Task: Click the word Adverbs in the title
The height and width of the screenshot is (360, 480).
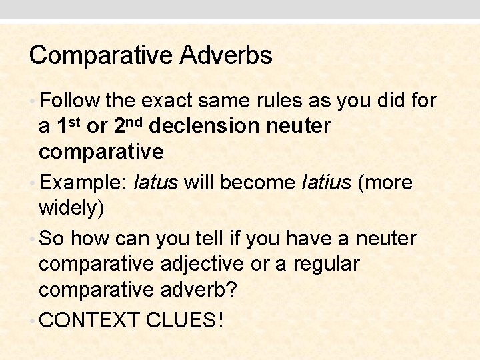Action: point(226,55)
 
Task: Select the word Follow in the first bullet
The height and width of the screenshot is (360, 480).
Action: point(69,101)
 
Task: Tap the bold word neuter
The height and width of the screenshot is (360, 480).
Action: point(301,126)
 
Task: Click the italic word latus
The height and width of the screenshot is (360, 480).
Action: point(156,183)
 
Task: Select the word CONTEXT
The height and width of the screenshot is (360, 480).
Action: point(89,321)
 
